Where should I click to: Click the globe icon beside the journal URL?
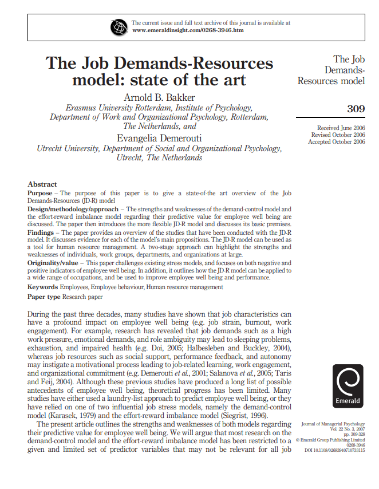click(x=120, y=26)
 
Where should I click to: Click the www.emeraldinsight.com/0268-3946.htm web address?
click(x=188, y=30)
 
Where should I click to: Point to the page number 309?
click(x=356, y=109)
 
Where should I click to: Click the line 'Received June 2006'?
click(x=341, y=128)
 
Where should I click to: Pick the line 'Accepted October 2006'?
click(x=336, y=141)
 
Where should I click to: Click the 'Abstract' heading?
click(x=42, y=184)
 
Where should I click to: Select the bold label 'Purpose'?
click(x=40, y=194)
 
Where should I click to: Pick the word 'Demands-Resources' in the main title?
click(x=194, y=63)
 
